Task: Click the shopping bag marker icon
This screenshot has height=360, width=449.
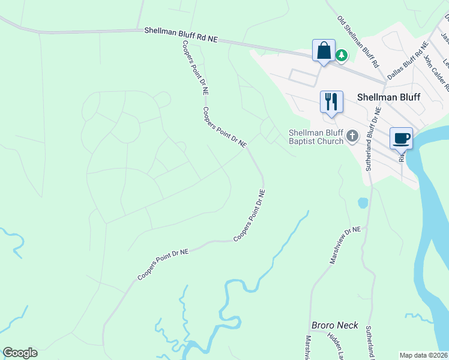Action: pos(324,50)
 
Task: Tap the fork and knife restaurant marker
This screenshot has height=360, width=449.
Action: pos(331,101)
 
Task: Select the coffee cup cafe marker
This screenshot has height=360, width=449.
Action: pos(401,138)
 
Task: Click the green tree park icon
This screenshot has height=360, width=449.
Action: pos(342,55)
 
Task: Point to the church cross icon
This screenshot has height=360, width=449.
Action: pos(352,137)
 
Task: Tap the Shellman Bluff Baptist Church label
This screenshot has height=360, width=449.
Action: pos(316,137)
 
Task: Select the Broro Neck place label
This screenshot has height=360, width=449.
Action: pos(334,326)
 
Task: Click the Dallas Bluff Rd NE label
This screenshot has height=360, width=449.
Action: pos(408,61)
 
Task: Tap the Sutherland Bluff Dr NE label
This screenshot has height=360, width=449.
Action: pos(373,139)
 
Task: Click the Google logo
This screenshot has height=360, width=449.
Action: pos(20,353)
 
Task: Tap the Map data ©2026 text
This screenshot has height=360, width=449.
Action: pos(423,355)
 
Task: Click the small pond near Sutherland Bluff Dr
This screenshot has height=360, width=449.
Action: pos(363,203)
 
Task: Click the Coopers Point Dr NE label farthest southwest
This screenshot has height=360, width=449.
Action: pos(163,265)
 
